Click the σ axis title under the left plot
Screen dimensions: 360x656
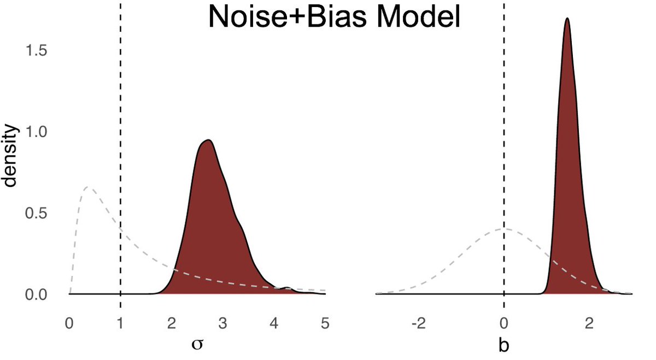[x=197, y=345]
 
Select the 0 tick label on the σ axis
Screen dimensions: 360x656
[x=69, y=323]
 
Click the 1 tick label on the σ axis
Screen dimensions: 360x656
[x=120, y=323]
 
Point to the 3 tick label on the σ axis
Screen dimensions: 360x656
[x=223, y=323]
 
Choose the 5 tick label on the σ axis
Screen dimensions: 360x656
[x=325, y=323]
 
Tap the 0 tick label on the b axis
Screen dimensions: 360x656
[x=504, y=323]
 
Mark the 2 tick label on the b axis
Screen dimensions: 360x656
[x=589, y=323]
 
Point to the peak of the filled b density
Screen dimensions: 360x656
[x=567, y=19]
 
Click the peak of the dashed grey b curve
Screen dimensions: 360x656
[x=504, y=229]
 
